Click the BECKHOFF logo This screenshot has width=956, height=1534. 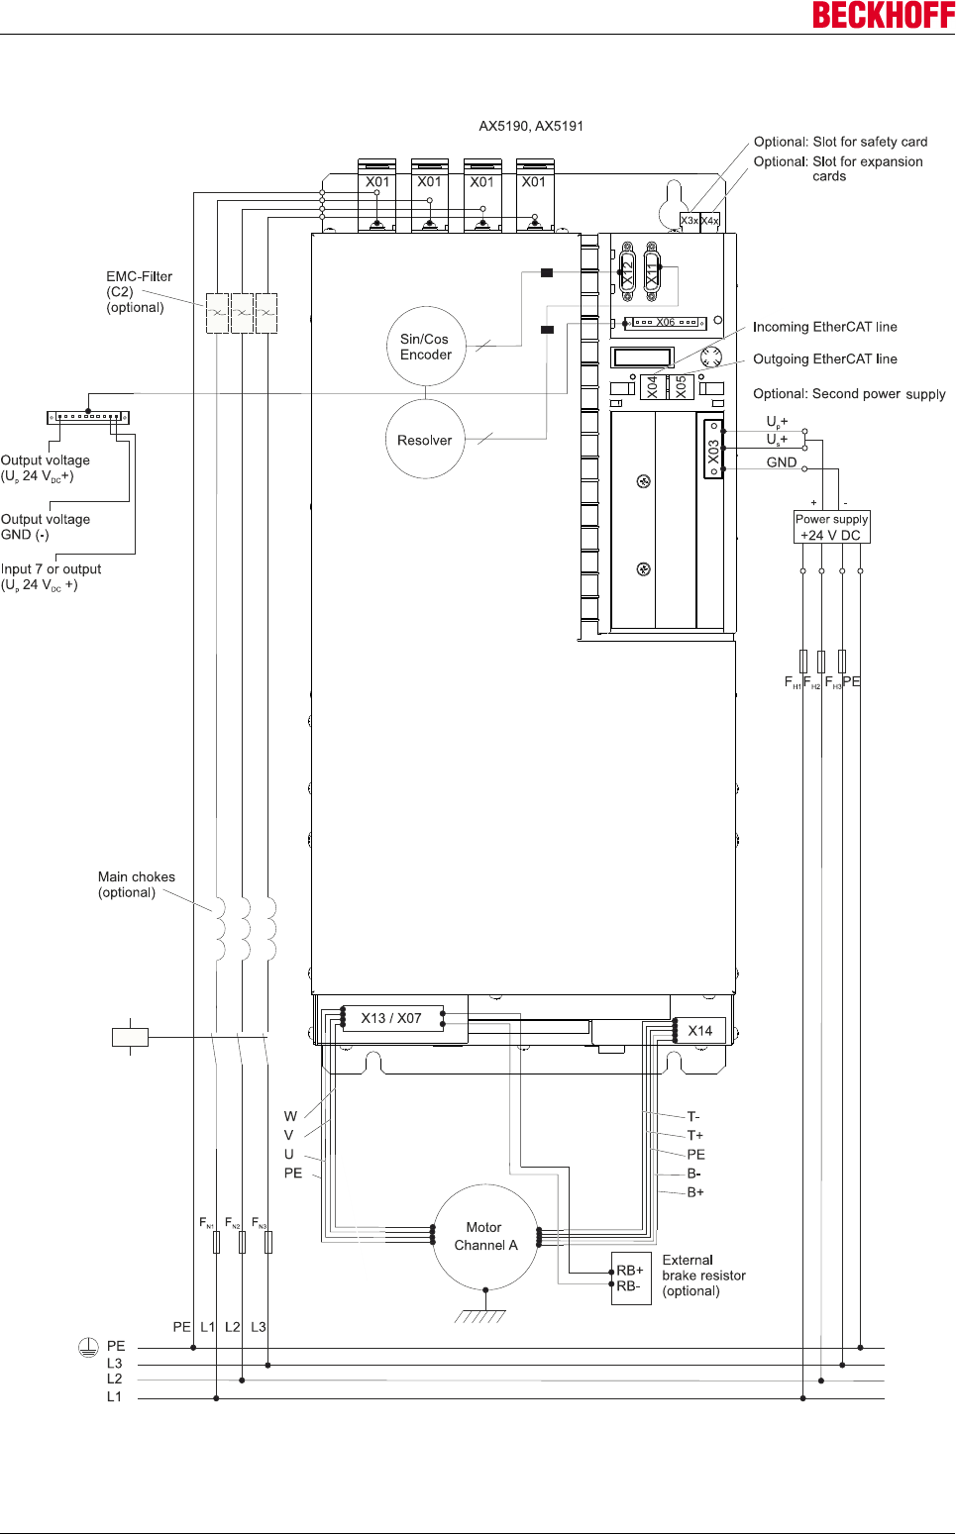[883, 15]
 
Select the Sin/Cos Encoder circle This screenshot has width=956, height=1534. [426, 347]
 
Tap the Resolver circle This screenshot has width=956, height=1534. [425, 440]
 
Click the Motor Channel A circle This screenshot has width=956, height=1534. [485, 1237]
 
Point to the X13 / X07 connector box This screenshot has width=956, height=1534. [392, 1018]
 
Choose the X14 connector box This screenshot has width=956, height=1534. [700, 1031]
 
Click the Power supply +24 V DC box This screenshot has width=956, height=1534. [831, 527]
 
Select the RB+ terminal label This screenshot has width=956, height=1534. [630, 1270]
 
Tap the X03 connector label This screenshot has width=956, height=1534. [713, 451]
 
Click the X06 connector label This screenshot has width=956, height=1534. [666, 323]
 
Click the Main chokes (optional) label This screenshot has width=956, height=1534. [137, 884]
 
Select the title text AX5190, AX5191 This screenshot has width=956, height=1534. [531, 126]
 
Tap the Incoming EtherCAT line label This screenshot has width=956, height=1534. [824, 327]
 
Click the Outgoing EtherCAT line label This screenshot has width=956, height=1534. [824, 359]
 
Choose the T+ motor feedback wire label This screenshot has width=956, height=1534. [695, 1136]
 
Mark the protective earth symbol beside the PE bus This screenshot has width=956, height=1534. [88, 1347]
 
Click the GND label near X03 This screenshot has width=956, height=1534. [782, 462]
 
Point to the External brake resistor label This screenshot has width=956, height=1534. [703, 1276]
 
